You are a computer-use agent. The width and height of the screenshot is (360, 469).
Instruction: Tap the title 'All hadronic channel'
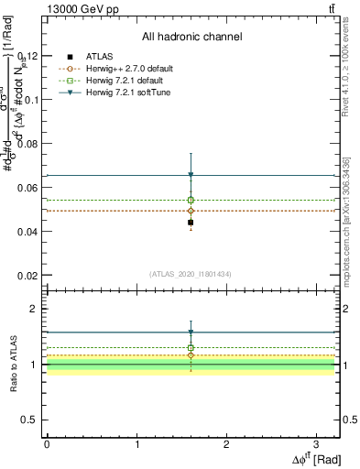191,38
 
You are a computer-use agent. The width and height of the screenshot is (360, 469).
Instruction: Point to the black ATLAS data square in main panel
191,223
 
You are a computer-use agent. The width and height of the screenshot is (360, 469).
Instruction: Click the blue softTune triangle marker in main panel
191,175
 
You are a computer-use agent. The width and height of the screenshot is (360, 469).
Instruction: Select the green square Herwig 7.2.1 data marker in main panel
191,200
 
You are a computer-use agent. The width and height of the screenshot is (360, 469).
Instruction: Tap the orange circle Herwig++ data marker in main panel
191,211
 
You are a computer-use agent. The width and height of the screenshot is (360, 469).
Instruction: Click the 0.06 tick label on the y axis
28,188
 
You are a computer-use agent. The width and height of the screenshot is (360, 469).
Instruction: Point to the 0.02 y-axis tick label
28,276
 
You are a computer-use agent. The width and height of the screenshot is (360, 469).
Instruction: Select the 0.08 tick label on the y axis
28,144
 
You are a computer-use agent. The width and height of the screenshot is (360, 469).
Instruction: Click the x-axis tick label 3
316,443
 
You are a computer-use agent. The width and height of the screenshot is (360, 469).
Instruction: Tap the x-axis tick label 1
136,443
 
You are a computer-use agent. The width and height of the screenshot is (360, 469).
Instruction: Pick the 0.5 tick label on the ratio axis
31,420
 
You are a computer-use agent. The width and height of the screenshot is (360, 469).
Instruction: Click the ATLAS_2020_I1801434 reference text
191,274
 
